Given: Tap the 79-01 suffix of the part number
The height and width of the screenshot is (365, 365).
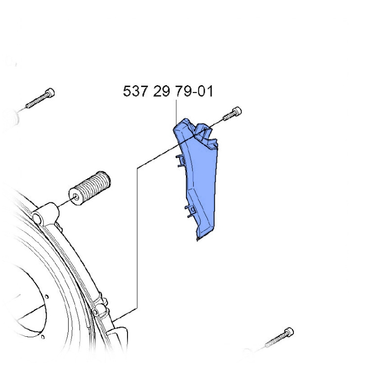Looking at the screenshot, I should (195, 91).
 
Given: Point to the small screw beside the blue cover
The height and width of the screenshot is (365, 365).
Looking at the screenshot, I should (233, 114).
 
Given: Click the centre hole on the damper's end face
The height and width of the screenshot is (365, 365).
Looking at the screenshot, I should (76, 197).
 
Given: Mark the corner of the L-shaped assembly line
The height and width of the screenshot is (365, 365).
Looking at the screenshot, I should (138, 167).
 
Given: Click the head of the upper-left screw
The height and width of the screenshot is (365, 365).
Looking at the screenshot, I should (49, 92).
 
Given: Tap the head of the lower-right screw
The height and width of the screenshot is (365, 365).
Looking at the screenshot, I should (289, 332).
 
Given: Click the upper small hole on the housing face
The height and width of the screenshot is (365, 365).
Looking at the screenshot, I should (47, 294).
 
